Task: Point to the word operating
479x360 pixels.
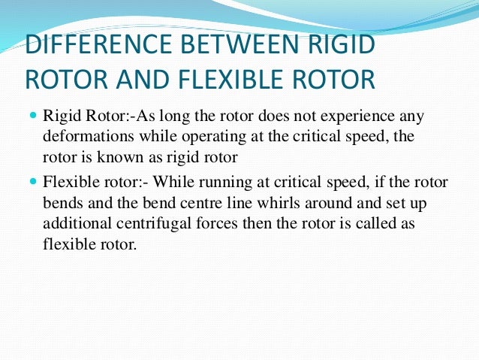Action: [204, 138]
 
